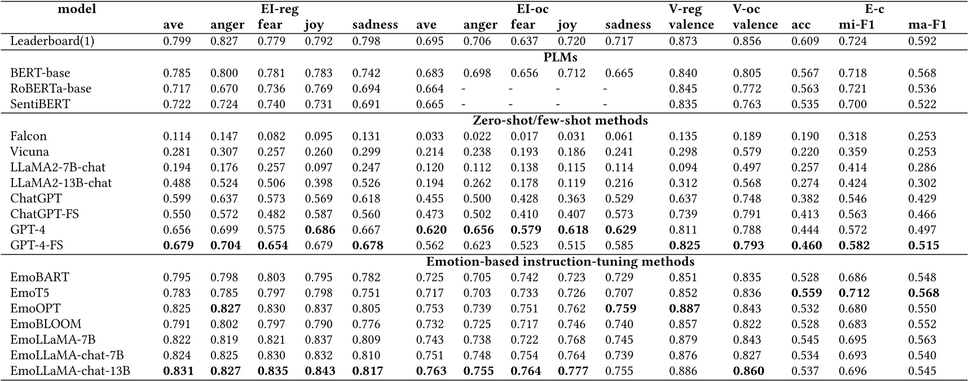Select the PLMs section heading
point(560,57)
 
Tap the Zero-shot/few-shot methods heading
point(560,120)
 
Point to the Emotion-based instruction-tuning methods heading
point(560,262)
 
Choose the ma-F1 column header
point(927,25)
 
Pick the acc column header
point(801,25)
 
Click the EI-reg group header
point(279,9)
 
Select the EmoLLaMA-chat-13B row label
point(71,371)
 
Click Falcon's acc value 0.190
point(805,136)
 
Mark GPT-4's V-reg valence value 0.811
point(683,230)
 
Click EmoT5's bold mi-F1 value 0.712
point(853,293)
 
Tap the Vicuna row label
point(29,152)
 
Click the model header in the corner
point(77,9)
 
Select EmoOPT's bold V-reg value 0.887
point(684,308)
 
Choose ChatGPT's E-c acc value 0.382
point(805,198)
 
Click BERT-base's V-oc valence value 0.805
point(747,73)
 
